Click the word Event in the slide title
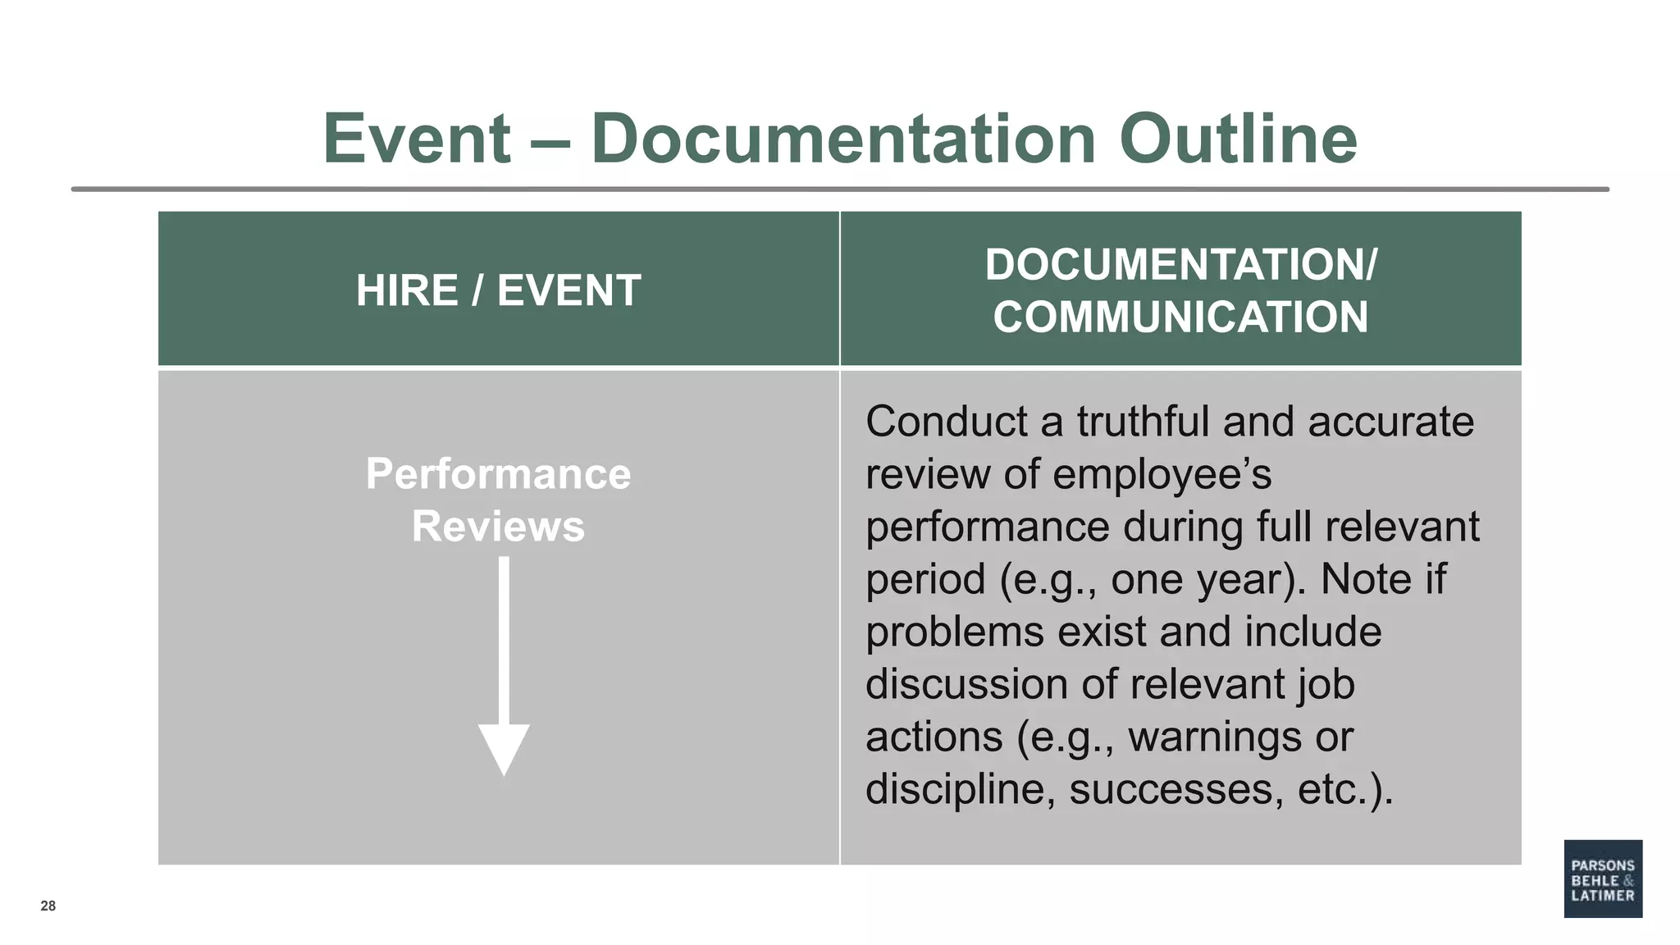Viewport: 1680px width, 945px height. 417,139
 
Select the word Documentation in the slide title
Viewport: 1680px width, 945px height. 843,139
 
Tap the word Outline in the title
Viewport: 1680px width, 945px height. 1238,139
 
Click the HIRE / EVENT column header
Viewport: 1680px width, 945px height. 498,290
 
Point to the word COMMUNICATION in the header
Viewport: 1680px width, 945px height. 1180,317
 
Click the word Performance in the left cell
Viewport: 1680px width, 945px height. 498,474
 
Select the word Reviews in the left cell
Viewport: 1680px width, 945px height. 498,527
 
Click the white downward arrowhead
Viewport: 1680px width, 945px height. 504,748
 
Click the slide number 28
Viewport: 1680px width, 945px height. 48,906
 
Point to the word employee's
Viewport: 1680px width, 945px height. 1162,474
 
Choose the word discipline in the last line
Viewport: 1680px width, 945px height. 955,789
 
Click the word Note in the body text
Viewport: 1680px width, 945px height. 1366,579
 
